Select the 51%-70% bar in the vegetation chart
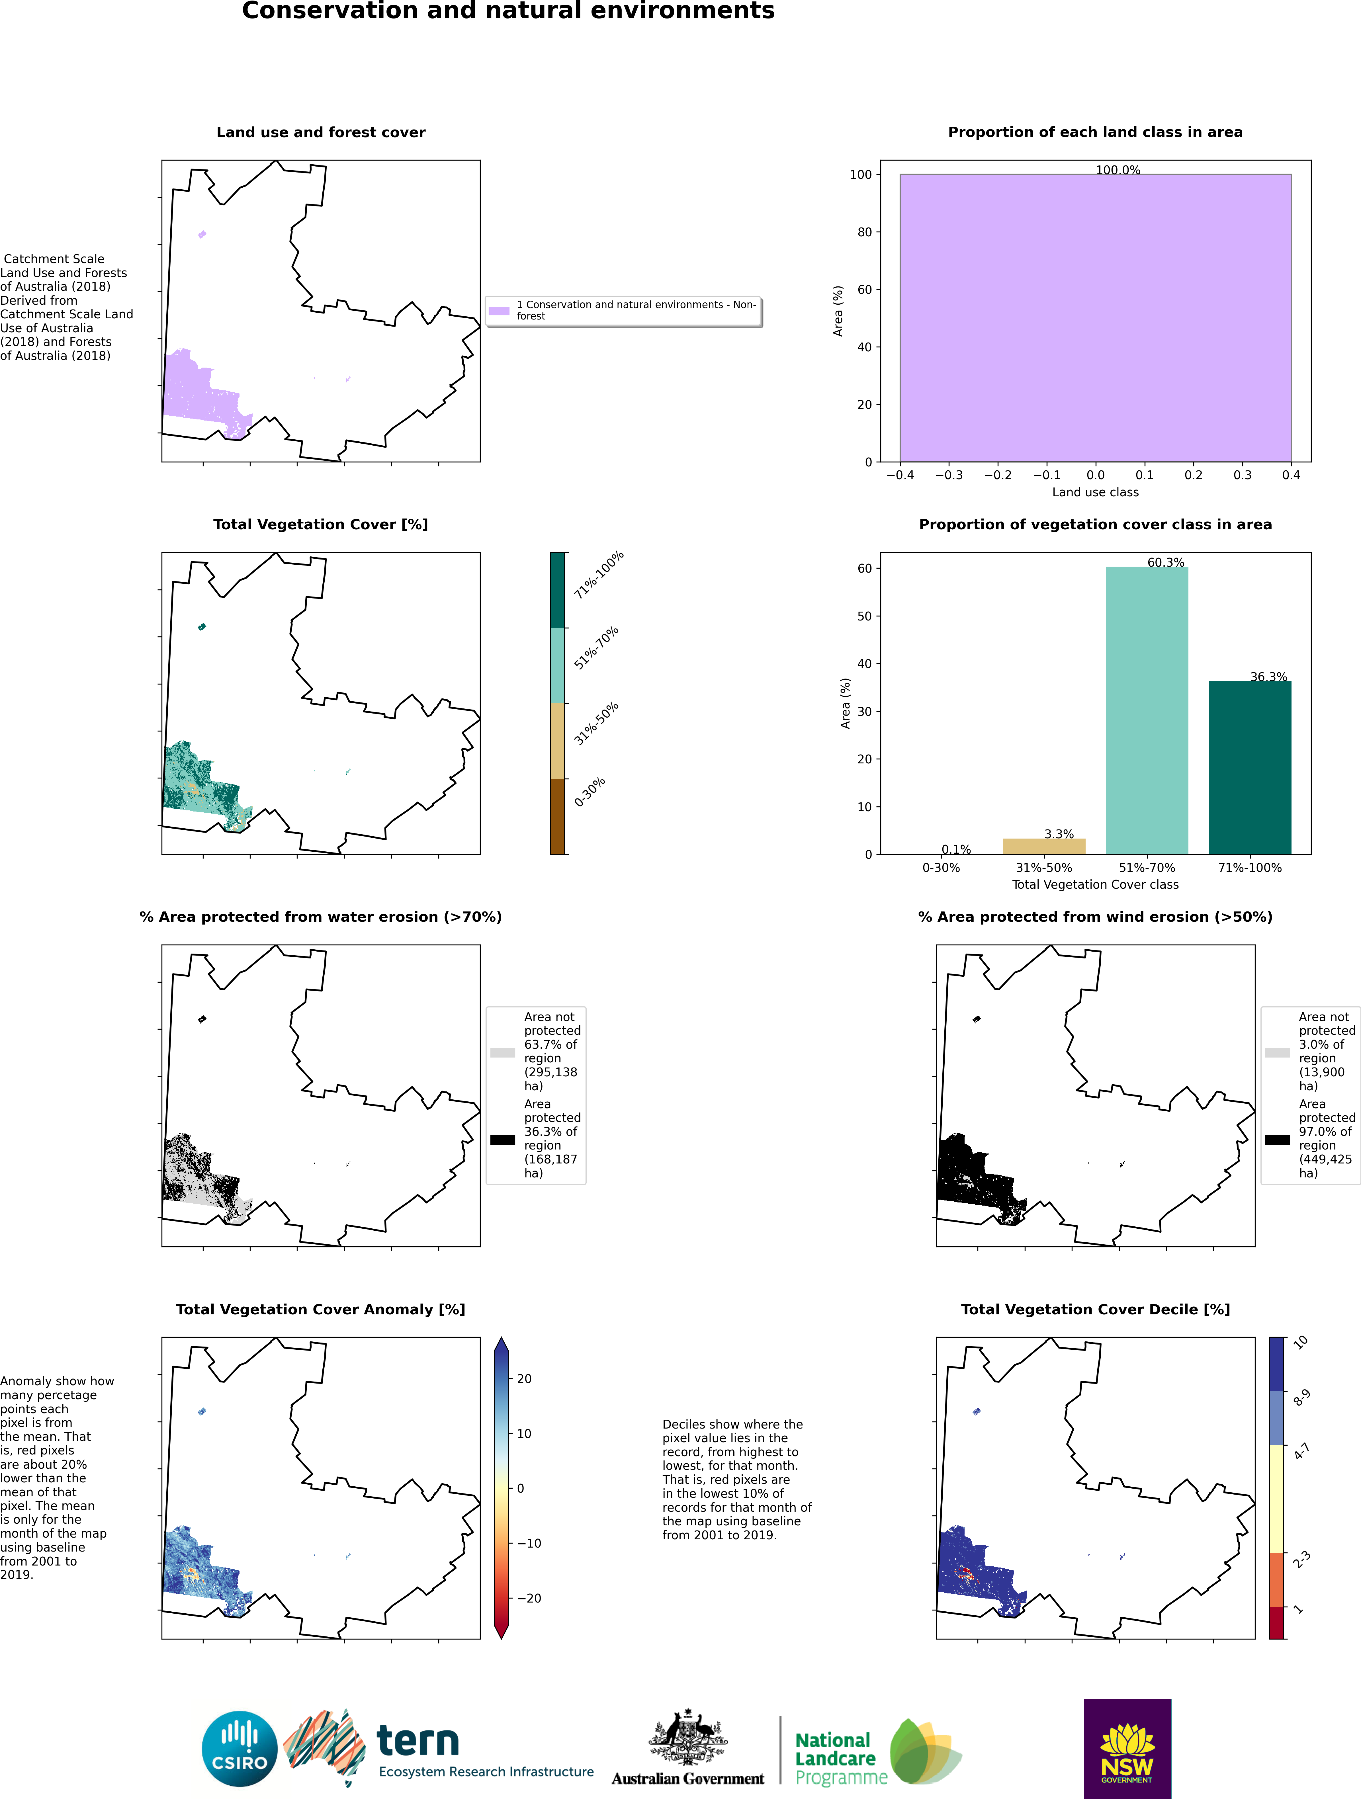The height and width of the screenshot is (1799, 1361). [x=1147, y=710]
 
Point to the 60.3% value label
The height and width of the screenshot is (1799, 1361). [x=1166, y=562]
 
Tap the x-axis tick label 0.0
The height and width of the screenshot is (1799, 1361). [x=1096, y=475]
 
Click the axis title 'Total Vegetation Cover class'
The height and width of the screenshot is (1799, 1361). [x=1095, y=884]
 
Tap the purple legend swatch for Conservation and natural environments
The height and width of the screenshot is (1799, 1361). [x=499, y=311]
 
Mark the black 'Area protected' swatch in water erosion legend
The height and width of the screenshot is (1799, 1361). [x=503, y=1140]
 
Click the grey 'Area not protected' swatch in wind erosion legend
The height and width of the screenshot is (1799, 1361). [x=1277, y=1052]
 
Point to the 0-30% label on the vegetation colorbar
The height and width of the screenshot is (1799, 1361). [x=590, y=792]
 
